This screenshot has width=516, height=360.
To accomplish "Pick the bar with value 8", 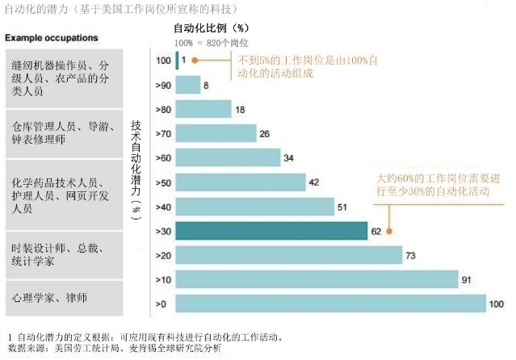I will (187, 85).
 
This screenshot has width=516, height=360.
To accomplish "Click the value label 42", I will (313, 182).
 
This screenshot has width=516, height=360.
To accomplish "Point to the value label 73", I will (409, 255).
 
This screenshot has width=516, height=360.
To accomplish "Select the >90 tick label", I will (162, 85).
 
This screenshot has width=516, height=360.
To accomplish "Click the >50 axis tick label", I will (162, 182).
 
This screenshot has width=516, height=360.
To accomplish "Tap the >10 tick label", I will (162, 279).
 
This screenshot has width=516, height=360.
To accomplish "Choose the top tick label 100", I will (163, 61).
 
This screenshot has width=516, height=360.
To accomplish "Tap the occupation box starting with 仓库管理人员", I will (62, 132).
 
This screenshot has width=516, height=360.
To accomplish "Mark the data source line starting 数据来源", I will (113, 348).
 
